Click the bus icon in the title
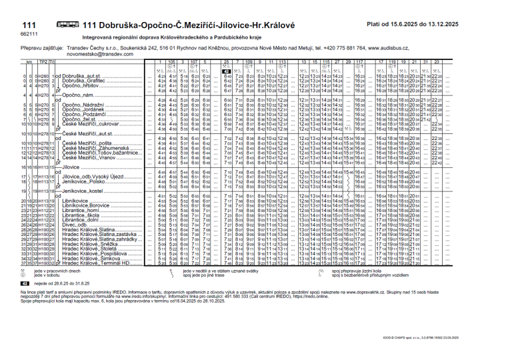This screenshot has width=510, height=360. (x=68, y=24)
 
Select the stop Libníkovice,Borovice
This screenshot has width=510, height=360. (x=85, y=206)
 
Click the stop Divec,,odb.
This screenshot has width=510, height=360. (x=73, y=225)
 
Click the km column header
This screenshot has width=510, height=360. (x=29, y=61)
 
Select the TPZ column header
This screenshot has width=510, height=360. (x=43, y=61)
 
